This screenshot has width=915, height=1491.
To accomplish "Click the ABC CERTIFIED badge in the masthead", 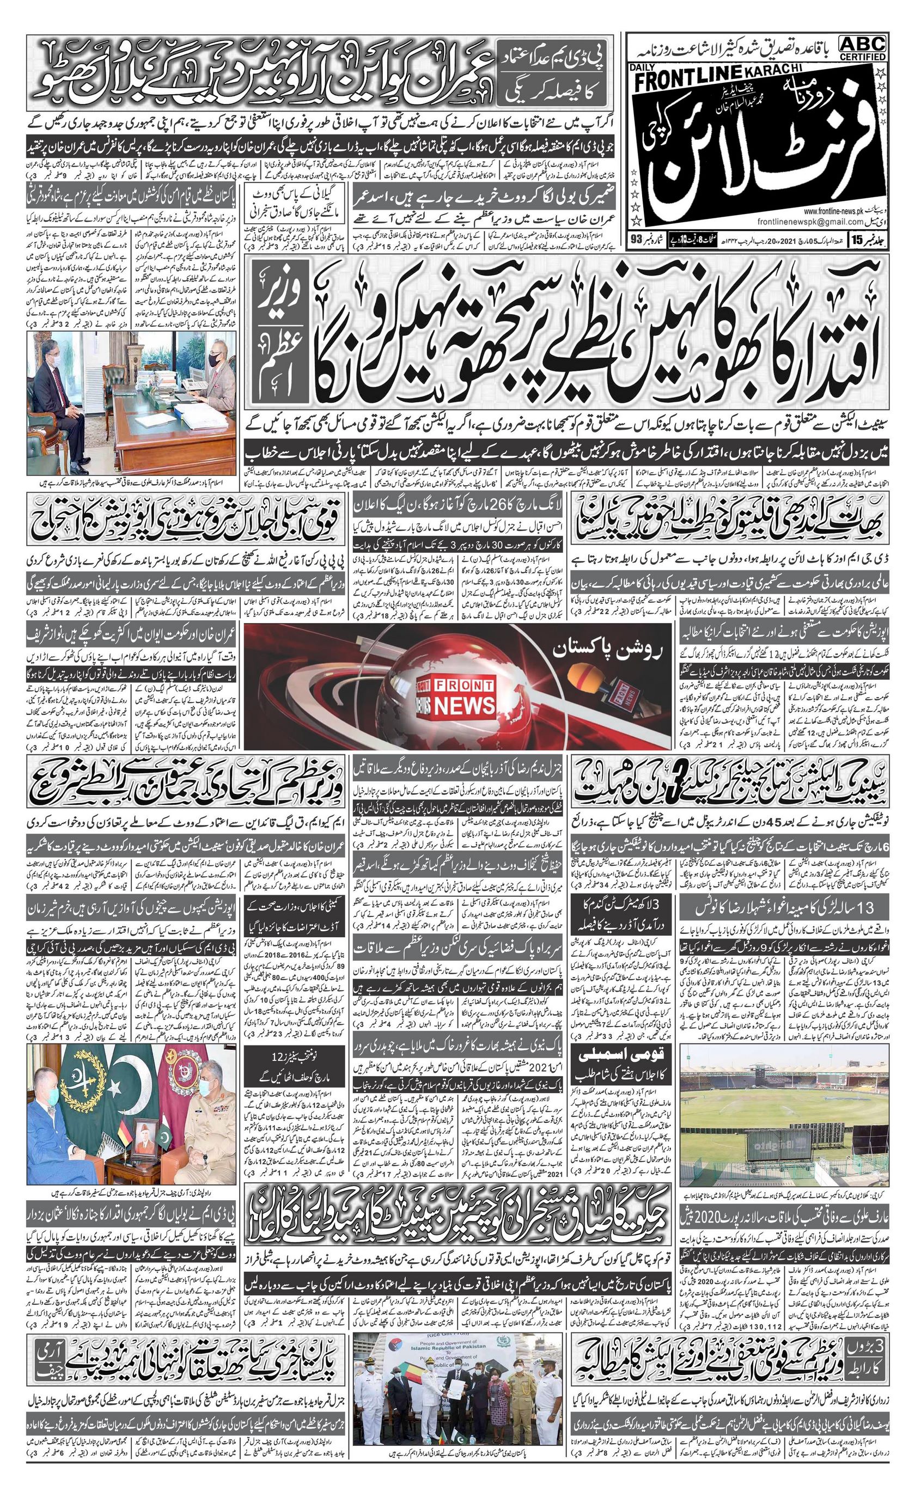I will tap(862, 47).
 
